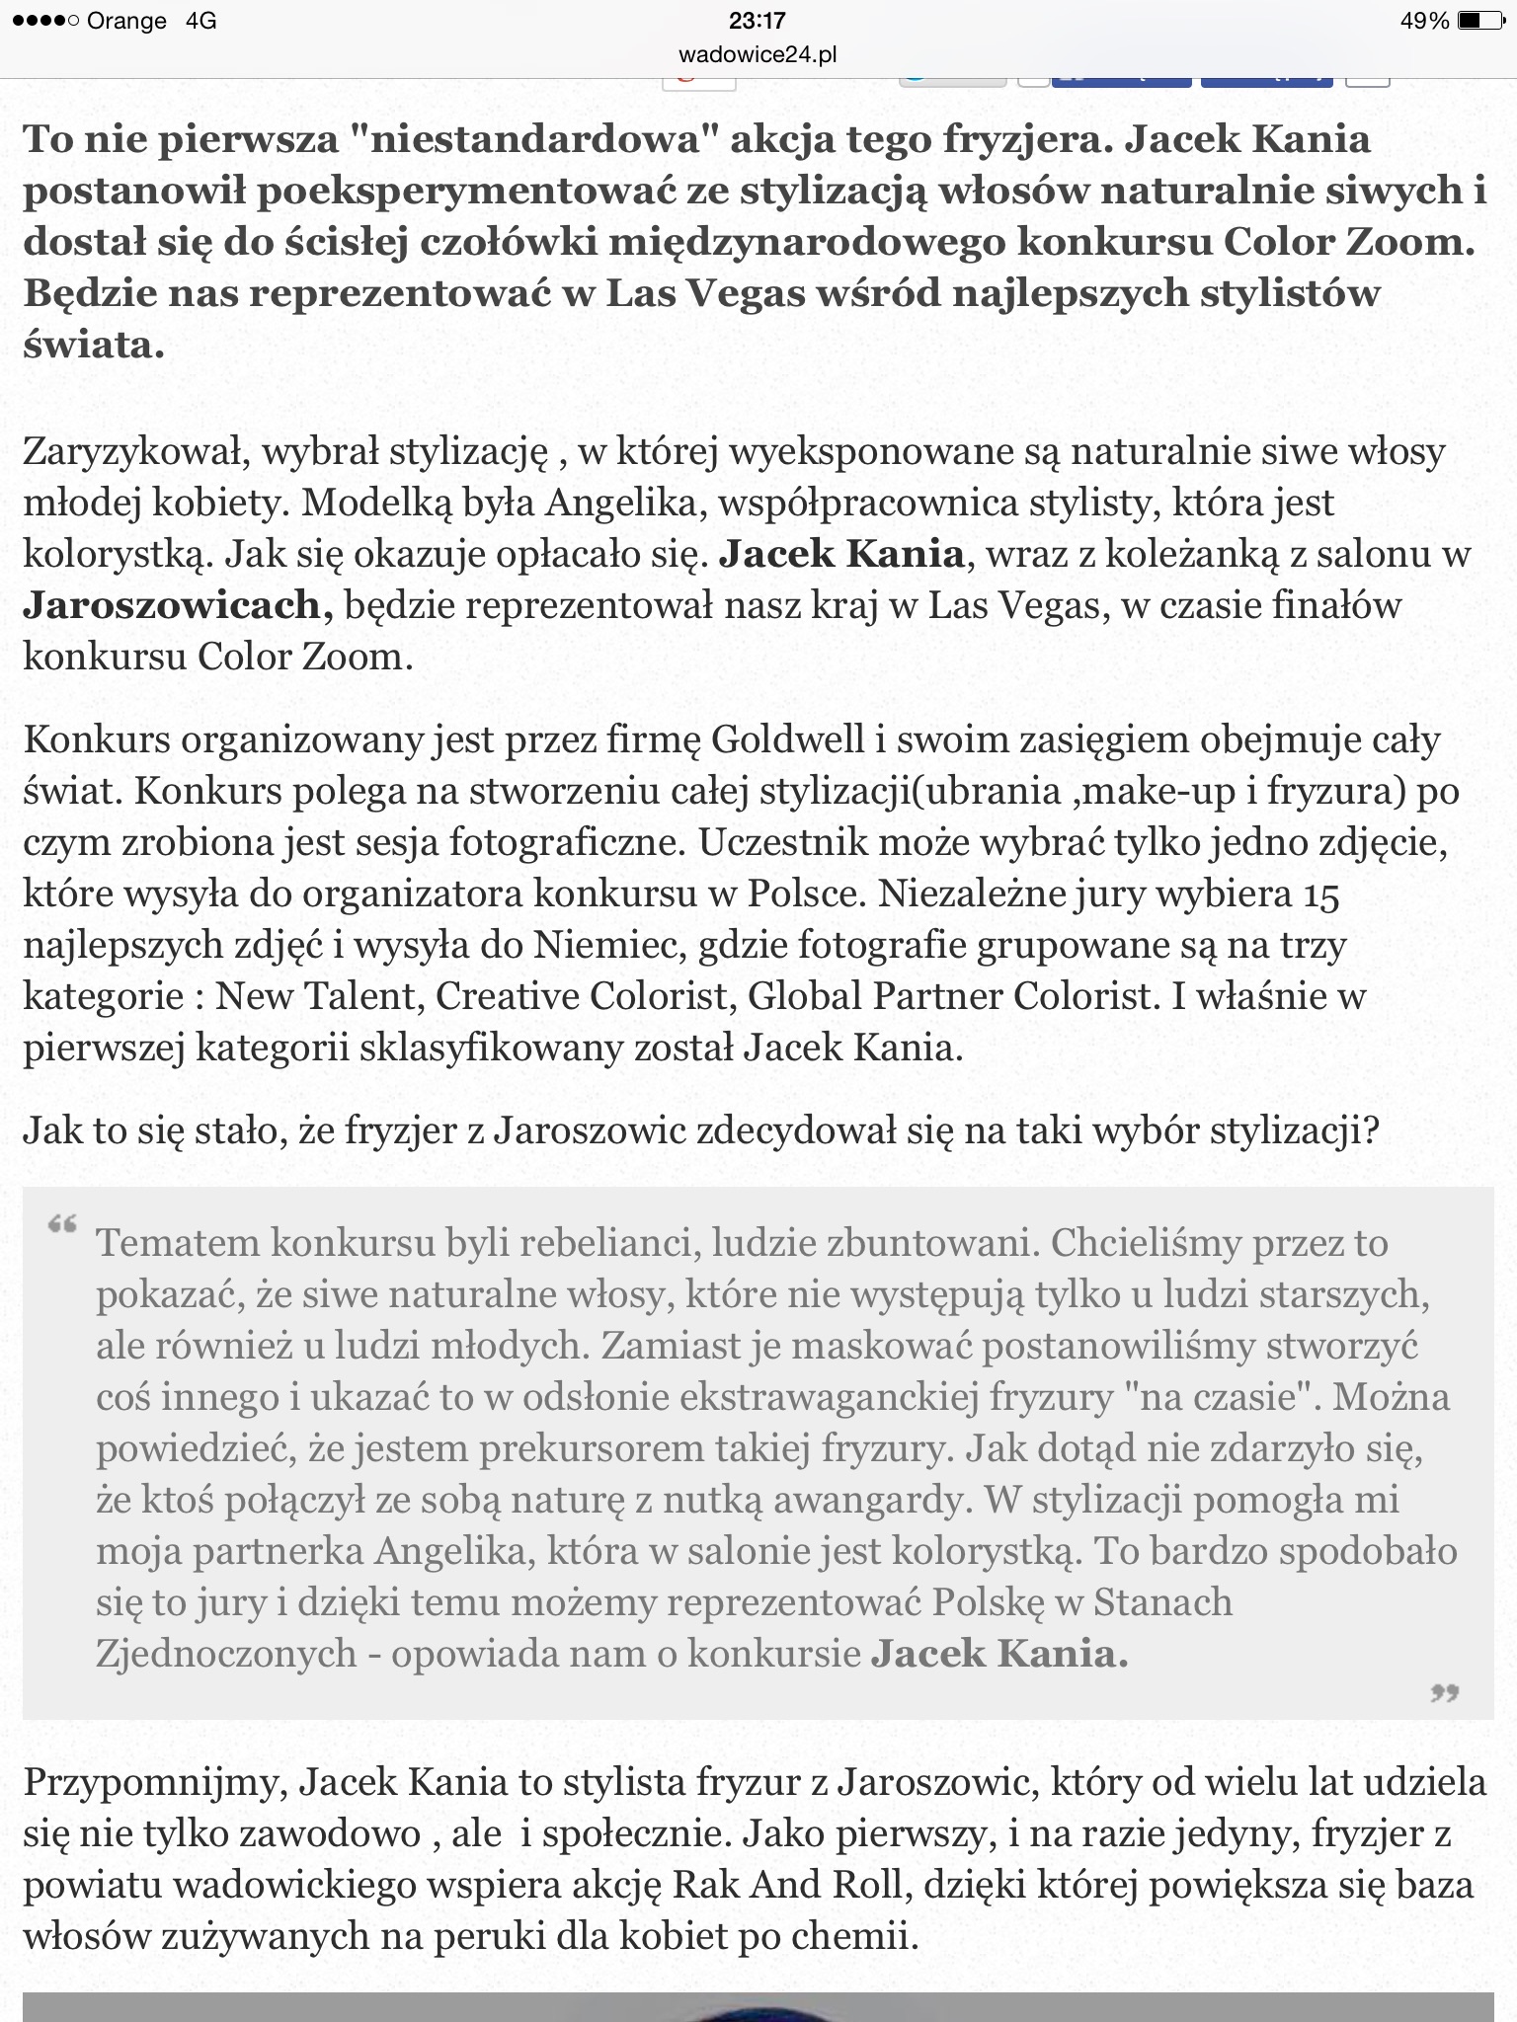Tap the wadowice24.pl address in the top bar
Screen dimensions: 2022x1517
pyautogui.click(x=758, y=55)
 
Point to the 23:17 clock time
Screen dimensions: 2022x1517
pyautogui.click(x=758, y=21)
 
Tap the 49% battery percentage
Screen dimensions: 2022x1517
pyautogui.click(x=1424, y=21)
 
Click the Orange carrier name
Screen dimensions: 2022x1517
pyautogui.click(x=126, y=21)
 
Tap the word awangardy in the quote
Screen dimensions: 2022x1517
pyautogui.click(x=867, y=1500)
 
